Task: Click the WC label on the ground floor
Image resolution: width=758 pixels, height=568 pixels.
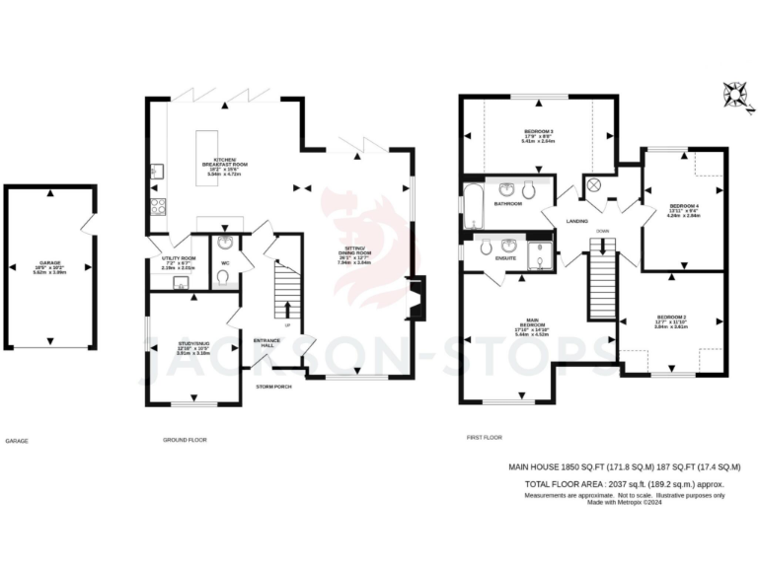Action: [x=226, y=262]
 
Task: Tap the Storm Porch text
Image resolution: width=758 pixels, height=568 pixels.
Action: [x=272, y=386]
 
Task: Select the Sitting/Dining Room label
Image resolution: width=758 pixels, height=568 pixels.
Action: [x=353, y=254]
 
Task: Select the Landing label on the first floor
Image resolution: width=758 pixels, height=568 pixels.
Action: [x=578, y=221]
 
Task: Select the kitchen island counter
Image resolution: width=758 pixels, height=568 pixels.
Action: [x=211, y=147]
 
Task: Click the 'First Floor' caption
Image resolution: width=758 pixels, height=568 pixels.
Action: [x=485, y=437]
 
